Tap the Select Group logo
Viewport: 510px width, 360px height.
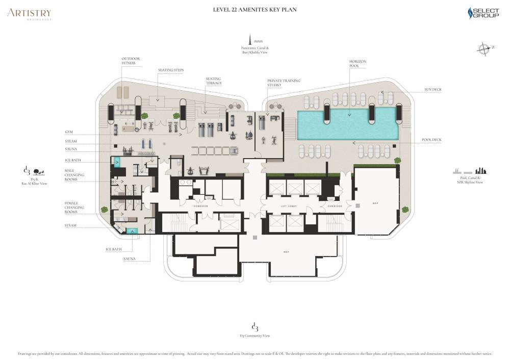pos(483,13)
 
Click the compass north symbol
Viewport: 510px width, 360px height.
pos(483,49)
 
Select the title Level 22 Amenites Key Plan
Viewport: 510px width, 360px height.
pos(254,10)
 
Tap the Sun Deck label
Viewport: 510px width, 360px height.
pos(432,89)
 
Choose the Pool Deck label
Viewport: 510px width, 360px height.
pos(432,139)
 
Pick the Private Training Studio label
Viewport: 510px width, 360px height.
pos(284,83)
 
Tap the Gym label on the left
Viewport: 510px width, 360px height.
pos(68,132)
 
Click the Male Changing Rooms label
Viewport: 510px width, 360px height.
pos(74,175)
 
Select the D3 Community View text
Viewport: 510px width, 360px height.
pos(255,336)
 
